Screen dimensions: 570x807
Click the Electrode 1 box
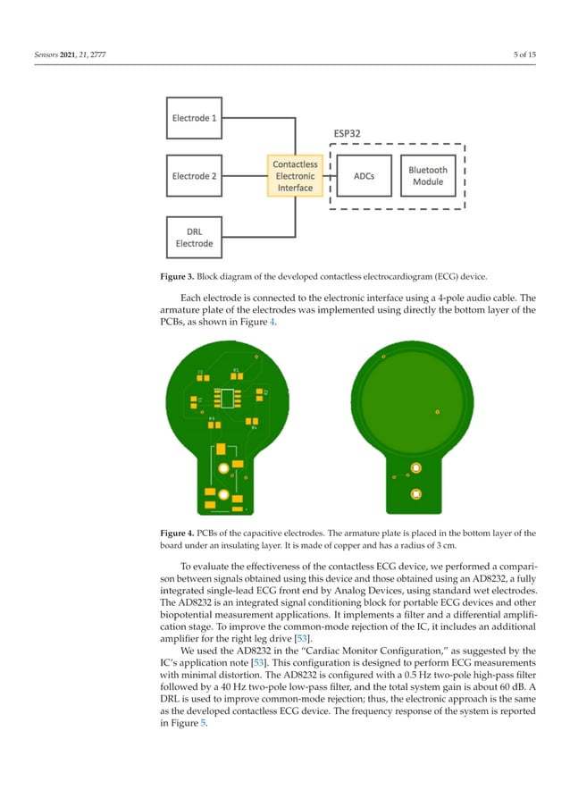(195, 117)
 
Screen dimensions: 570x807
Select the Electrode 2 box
(195, 176)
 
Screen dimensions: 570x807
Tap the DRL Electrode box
(195, 237)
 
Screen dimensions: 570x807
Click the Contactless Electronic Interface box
(295, 176)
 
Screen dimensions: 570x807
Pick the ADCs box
(365, 176)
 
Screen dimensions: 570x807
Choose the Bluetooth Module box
(428, 176)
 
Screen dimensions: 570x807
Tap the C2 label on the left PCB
(200, 371)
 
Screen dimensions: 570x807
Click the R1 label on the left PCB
(236, 369)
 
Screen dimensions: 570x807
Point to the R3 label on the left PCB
(212, 417)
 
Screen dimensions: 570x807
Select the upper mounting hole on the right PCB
(415, 468)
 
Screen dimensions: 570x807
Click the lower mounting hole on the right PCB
(415, 493)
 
